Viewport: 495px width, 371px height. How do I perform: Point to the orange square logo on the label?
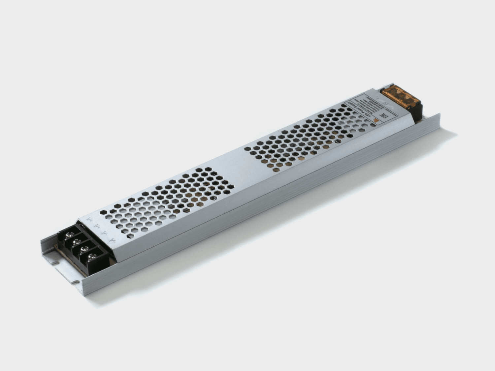377,122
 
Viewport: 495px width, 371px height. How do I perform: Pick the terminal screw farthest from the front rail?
70,234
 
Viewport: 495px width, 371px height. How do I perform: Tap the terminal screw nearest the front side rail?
93,256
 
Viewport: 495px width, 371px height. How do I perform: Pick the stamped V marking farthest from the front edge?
89,219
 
